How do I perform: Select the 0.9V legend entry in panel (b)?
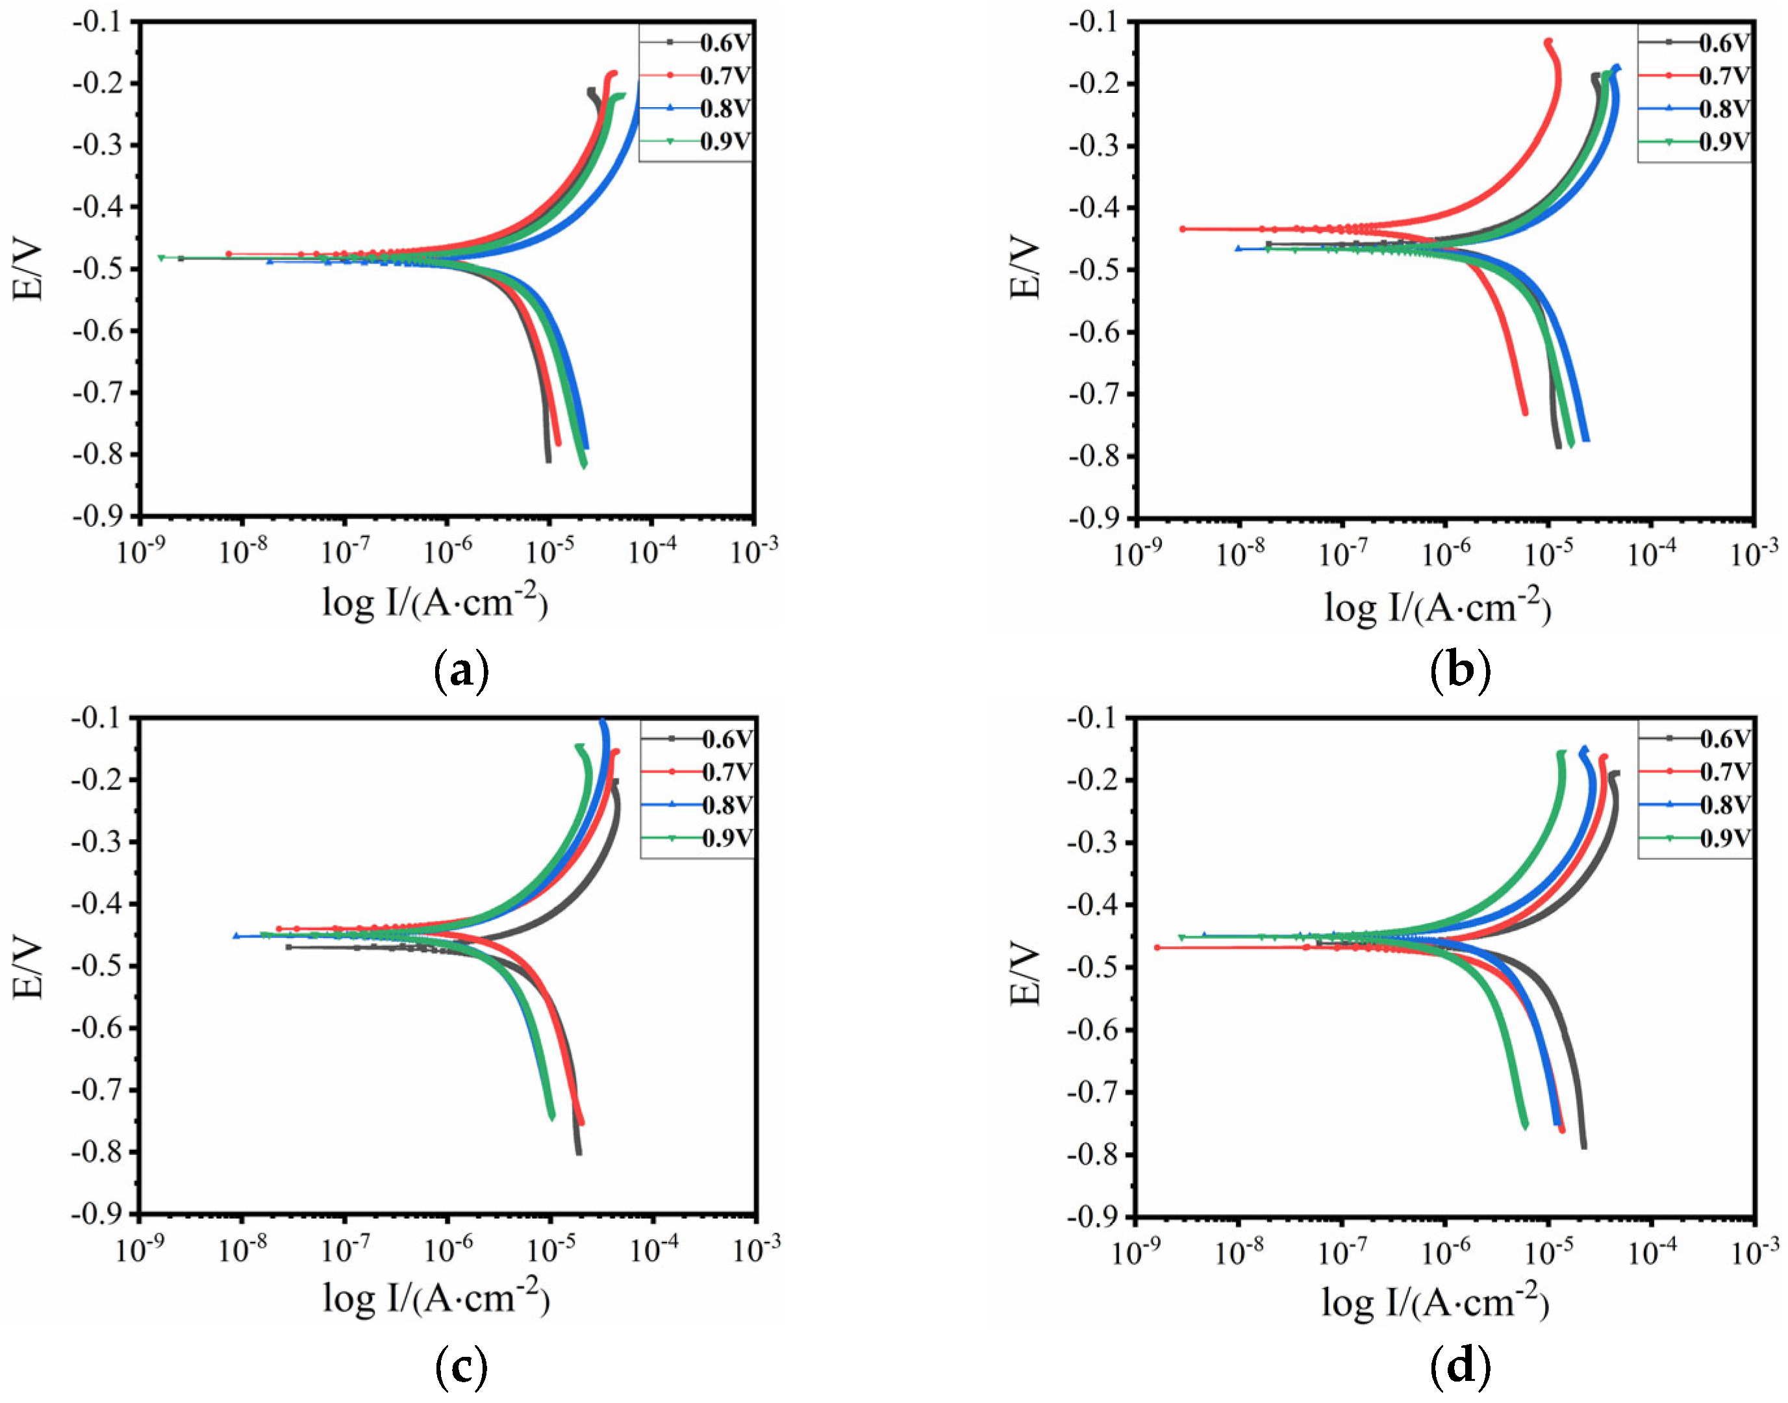[x=1723, y=142]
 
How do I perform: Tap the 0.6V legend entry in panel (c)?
[x=726, y=739]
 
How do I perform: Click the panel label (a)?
[x=460, y=672]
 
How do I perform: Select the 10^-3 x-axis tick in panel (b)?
[x=1754, y=555]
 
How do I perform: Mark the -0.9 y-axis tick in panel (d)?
[x=1096, y=1217]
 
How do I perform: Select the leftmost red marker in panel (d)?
[x=1157, y=948]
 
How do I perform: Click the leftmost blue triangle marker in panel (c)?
[x=236, y=935]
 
